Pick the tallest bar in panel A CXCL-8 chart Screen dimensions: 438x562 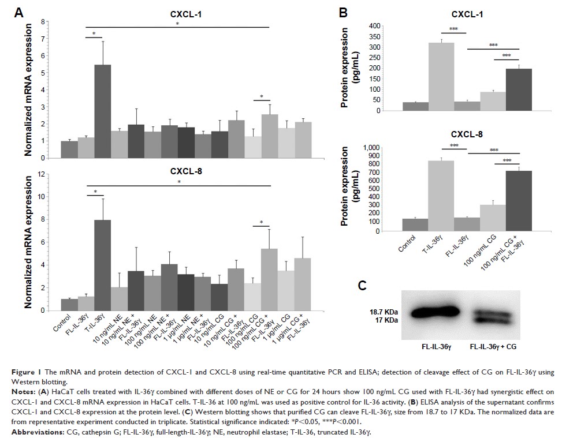(x=103, y=265)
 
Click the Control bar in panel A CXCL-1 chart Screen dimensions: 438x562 (x=69, y=149)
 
